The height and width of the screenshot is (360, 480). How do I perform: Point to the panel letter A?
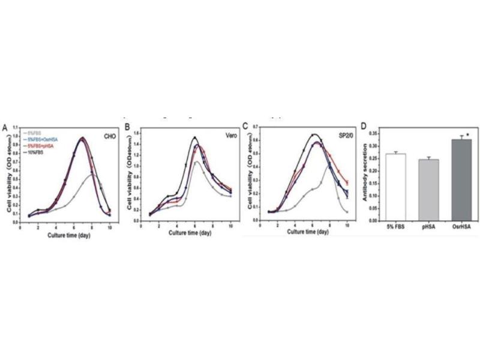coord(5,128)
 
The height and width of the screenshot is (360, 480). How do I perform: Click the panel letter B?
coord(127,127)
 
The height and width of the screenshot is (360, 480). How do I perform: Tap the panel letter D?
coord(363,127)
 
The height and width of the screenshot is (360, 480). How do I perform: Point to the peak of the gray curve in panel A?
coord(90,175)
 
